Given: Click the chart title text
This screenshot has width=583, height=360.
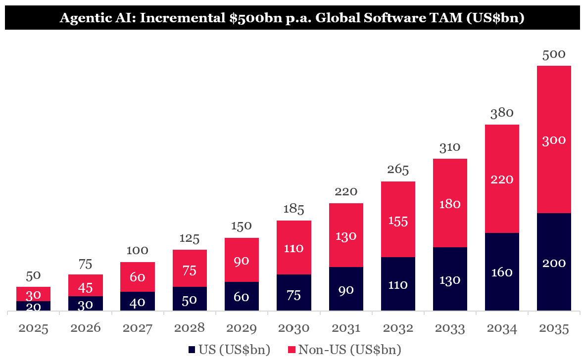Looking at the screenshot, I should pyautogui.click(x=291, y=18).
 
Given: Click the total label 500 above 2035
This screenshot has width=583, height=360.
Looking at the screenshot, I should pyautogui.click(x=554, y=54).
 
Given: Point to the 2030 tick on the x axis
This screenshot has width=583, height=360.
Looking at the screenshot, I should pyautogui.click(x=293, y=328).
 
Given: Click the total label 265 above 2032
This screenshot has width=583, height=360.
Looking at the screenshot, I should pyautogui.click(x=398, y=170).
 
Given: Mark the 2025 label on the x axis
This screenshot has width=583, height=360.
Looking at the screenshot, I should pyautogui.click(x=33, y=328).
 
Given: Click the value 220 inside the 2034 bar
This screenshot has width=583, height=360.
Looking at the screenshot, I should pyautogui.click(x=502, y=179).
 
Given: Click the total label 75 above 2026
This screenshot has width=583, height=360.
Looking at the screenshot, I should pyautogui.click(x=86, y=265).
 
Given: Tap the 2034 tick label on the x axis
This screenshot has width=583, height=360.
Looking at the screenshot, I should pyautogui.click(x=502, y=328).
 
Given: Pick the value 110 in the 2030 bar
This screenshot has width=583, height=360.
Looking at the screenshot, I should pyautogui.click(x=293, y=248).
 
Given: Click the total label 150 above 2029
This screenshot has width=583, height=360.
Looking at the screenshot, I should pyautogui.click(x=242, y=226).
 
